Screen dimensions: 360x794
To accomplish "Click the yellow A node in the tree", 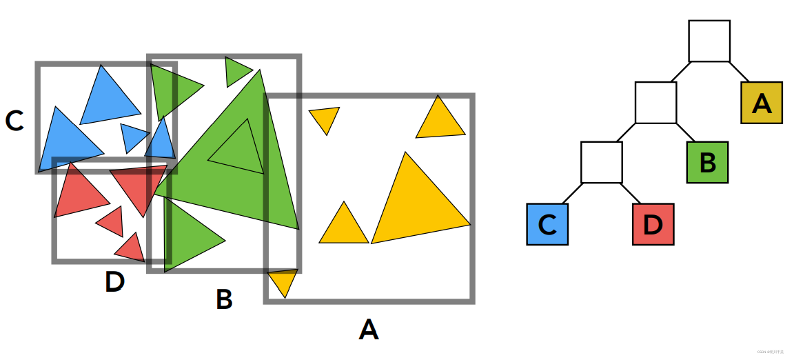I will click(762, 103).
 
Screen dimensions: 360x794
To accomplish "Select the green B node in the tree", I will click(707, 163).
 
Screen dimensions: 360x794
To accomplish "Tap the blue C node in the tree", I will click(547, 224).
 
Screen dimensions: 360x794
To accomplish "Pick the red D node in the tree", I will click(653, 224).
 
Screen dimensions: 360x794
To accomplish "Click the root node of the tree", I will click(709, 41).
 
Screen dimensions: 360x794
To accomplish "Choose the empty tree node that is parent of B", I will click(655, 103).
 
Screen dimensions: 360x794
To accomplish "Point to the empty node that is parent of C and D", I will click(601, 163).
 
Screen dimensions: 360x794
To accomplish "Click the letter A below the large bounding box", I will click(369, 330).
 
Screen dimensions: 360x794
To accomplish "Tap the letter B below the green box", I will click(224, 299).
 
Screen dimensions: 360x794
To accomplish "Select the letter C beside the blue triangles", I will click(14, 121).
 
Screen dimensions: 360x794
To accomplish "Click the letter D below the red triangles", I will click(114, 281).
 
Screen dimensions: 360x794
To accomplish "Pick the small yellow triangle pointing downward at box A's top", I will click(324, 119).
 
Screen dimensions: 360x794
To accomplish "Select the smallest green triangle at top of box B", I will click(236, 70).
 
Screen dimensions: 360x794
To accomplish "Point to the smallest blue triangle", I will click(132, 136).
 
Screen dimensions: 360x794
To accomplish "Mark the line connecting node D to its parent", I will click(632, 193).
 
